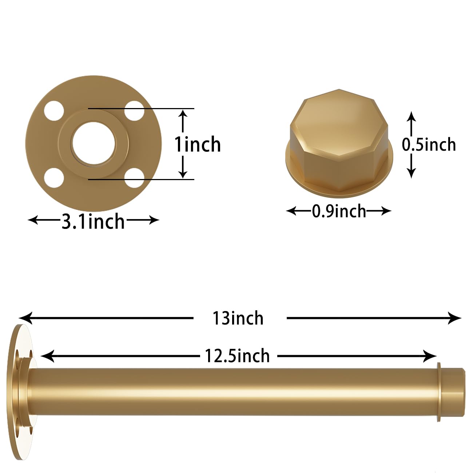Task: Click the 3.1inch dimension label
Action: pyautogui.click(x=93, y=221)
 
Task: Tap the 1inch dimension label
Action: pyautogui.click(x=198, y=144)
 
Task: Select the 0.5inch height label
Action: pyautogui.click(x=429, y=144)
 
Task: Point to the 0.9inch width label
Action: pyautogui.click(x=339, y=211)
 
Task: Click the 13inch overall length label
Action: pyautogui.click(x=238, y=318)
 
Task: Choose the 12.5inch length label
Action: pyautogui.click(x=237, y=356)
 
